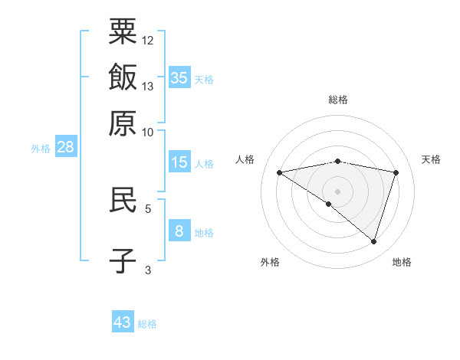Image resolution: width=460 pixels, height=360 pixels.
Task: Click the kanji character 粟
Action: (123, 31)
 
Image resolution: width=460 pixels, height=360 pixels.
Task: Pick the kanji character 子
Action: (123, 260)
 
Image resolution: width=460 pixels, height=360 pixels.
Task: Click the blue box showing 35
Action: (179, 77)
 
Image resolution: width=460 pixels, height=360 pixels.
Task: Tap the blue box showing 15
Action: (179, 162)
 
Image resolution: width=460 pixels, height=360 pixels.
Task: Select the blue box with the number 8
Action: (179, 231)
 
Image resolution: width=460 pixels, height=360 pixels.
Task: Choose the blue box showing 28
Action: (65, 148)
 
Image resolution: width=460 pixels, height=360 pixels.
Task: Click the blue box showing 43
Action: (123, 322)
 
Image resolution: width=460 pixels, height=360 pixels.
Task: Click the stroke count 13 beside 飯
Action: (148, 86)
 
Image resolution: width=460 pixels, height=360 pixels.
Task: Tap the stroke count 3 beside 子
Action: (148, 270)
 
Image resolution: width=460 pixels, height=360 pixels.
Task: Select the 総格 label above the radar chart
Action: (338, 100)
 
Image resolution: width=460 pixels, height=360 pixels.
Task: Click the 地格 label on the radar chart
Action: (402, 263)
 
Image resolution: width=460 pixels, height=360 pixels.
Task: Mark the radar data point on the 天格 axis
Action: (396, 172)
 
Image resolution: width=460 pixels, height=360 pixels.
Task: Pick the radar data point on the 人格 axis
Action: (280, 172)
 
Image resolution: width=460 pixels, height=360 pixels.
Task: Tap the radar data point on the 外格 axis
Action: (329, 204)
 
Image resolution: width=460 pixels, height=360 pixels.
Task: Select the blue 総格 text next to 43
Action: (147, 324)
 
